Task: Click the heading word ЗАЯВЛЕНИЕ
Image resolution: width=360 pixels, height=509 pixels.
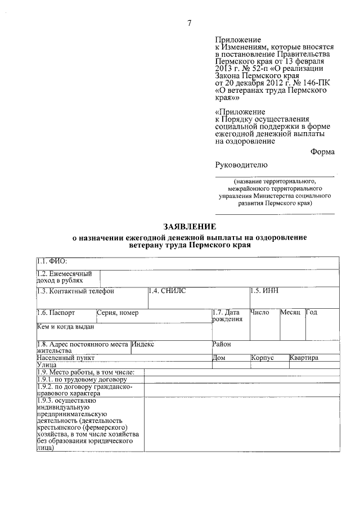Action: pyautogui.click(x=190, y=227)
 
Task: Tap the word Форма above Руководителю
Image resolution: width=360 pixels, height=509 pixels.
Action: pyautogui.click(x=322, y=151)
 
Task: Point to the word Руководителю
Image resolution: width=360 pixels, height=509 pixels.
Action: pyautogui.click(x=238, y=165)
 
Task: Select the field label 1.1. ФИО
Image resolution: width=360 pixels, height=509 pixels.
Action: pyautogui.click(x=52, y=261)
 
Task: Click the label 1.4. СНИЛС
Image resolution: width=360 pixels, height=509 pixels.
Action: pyautogui.click(x=167, y=290)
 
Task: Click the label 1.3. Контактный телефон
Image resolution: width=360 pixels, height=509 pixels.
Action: pyautogui.click(x=75, y=291)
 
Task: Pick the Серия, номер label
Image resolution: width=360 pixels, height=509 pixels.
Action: pyautogui.click(x=118, y=312)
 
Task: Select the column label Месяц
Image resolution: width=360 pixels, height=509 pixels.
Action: pyautogui.click(x=291, y=312)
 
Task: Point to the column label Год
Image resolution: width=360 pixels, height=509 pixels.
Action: pyautogui.click(x=312, y=312)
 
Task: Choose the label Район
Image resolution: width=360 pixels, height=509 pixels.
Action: pyautogui.click(x=222, y=344)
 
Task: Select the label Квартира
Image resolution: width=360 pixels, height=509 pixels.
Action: pyautogui.click(x=304, y=357)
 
